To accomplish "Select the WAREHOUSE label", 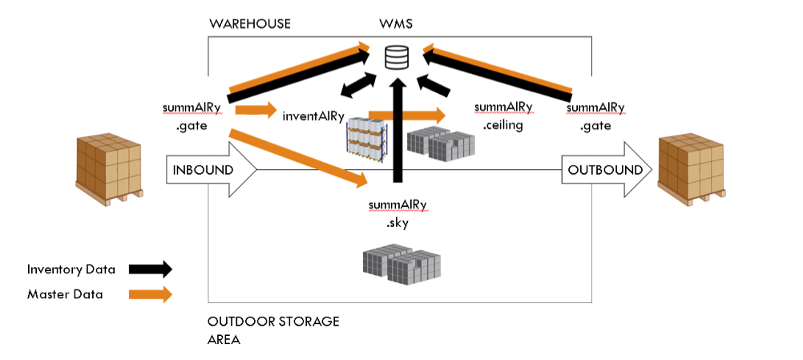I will pos(249,24).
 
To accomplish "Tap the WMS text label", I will pos(397,24).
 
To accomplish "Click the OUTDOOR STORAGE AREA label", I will pos(273,330).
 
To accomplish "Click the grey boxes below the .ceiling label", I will pos(440,142).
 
